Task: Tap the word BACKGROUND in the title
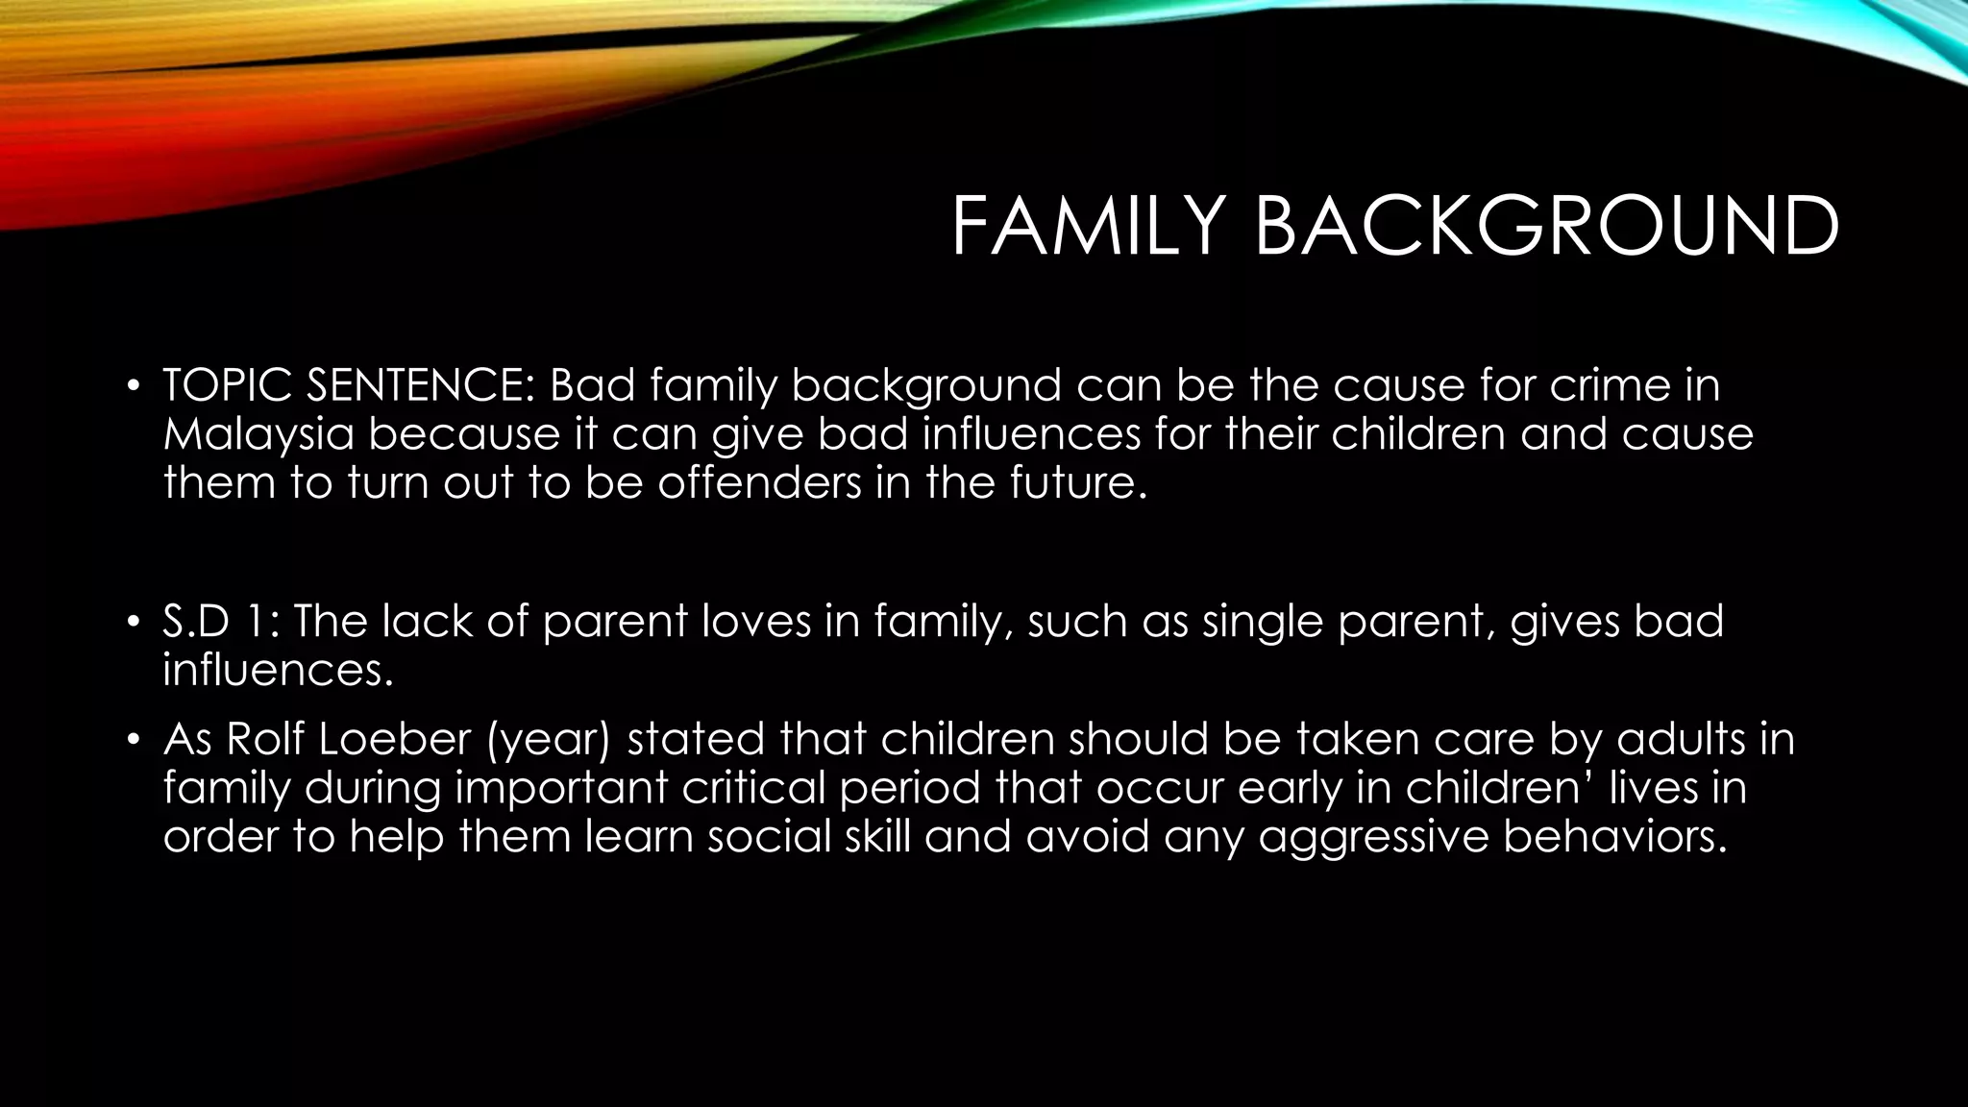[x=1546, y=227]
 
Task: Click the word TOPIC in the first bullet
[x=228, y=385]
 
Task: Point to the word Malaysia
[x=258, y=434]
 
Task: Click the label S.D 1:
[x=220, y=622]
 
